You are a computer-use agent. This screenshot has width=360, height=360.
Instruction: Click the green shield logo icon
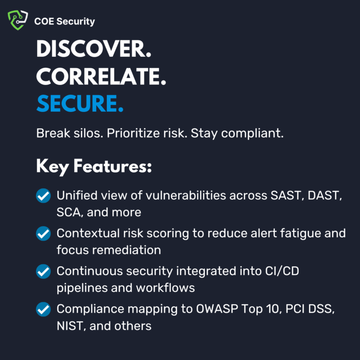[x=18, y=21]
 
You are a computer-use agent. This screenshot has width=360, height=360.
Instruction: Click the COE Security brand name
[x=64, y=21]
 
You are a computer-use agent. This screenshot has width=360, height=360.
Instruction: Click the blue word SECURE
[x=80, y=104]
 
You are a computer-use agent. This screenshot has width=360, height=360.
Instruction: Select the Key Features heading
[x=94, y=167]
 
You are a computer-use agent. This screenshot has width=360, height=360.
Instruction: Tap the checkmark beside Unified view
[x=43, y=196]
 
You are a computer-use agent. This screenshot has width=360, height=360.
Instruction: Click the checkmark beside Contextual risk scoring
[x=43, y=233]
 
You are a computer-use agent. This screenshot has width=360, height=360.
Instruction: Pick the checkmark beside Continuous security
[x=43, y=271]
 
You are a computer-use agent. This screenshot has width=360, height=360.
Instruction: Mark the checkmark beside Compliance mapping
[x=43, y=309]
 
